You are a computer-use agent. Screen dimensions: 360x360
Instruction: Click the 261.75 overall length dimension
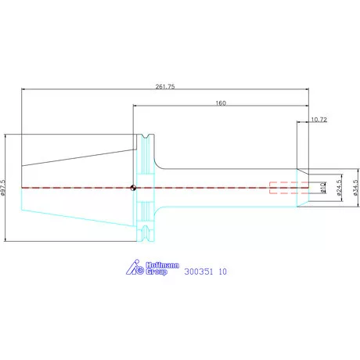tap(165, 87)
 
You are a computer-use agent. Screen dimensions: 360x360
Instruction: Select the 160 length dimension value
tap(221, 103)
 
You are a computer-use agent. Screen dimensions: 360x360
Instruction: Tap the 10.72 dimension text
tap(319, 120)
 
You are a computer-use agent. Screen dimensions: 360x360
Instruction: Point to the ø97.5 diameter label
tap(3, 188)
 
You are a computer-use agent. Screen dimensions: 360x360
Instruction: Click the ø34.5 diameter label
tap(355, 188)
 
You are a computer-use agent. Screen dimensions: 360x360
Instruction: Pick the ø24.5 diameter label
tap(339, 188)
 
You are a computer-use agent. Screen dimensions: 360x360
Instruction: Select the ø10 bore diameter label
tap(323, 188)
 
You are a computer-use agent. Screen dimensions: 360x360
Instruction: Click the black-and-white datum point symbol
tap(133, 188)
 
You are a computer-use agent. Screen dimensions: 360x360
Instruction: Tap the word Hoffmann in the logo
tap(162, 265)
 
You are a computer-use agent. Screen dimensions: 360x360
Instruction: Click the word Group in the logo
tap(157, 272)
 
